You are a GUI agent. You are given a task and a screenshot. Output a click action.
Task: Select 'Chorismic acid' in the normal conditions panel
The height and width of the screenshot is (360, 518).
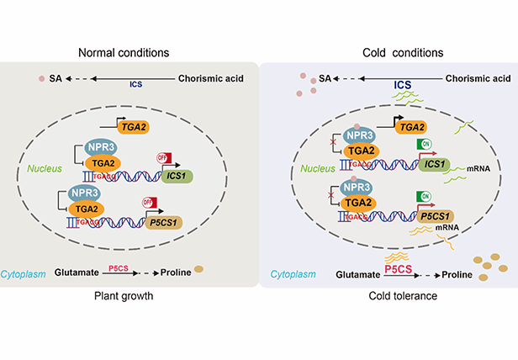point(211,79)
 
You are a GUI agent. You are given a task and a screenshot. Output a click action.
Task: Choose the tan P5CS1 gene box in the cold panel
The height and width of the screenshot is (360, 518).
point(436,216)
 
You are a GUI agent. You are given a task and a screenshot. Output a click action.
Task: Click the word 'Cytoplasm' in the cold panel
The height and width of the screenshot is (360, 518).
point(293,274)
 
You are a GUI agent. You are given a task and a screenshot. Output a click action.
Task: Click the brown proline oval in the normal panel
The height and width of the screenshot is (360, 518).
point(199,270)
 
